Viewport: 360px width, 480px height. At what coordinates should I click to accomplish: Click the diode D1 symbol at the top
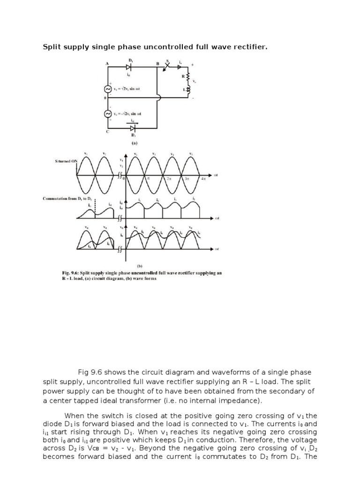128,67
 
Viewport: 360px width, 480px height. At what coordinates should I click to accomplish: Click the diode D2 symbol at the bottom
133,127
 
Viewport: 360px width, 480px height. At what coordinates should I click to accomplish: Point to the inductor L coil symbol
188,89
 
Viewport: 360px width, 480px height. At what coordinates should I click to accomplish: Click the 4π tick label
203,179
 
